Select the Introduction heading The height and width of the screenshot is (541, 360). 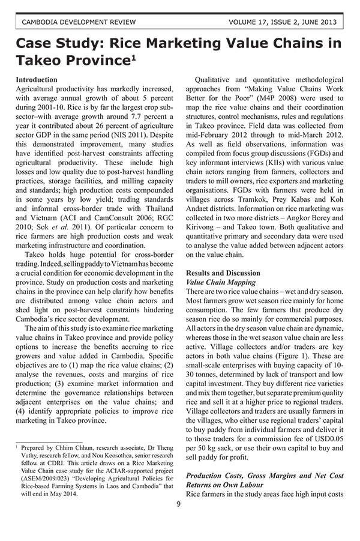coord(37,79)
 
